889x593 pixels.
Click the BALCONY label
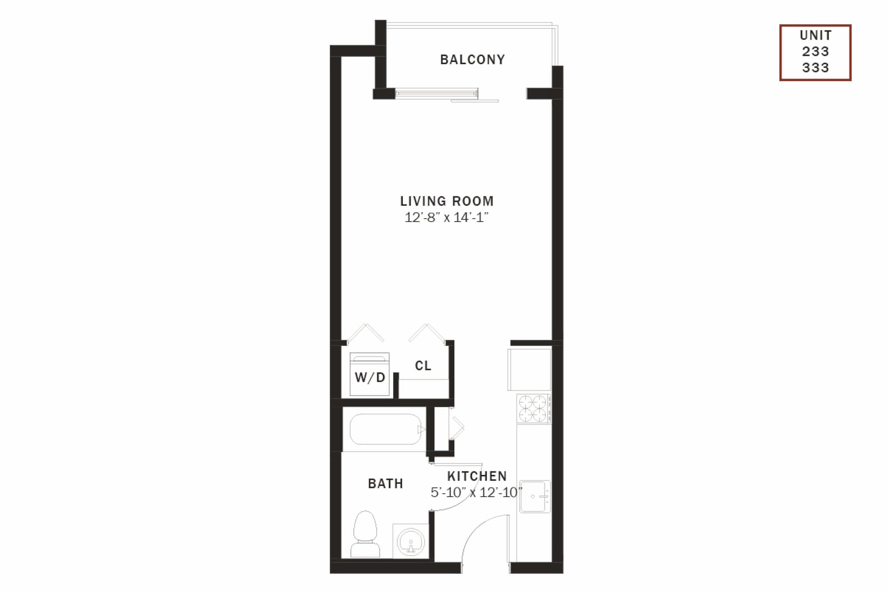(x=472, y=60)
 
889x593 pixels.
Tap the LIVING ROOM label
(x=447, y=201)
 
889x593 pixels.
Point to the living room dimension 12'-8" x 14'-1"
(x=447, y=217)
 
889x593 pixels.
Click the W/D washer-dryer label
(x=370, y=378)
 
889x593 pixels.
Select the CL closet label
(x=423, y=366)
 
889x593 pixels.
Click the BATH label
(x=385, y=484)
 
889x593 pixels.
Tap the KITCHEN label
(x=477, y=476)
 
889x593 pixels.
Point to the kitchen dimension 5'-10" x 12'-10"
(x=476, y=493)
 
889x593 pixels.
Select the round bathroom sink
(x=411, y=542)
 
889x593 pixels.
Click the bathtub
(x=385, y=429)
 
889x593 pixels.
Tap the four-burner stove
(x=533, y=408)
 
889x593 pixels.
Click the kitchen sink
(x=535, y=496)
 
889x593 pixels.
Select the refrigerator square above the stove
(x=530, y=369)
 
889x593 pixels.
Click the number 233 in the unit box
(x=815, y=52)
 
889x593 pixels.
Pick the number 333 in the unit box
(x=815, y=68)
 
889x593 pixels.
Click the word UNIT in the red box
(x=815, y=35)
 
